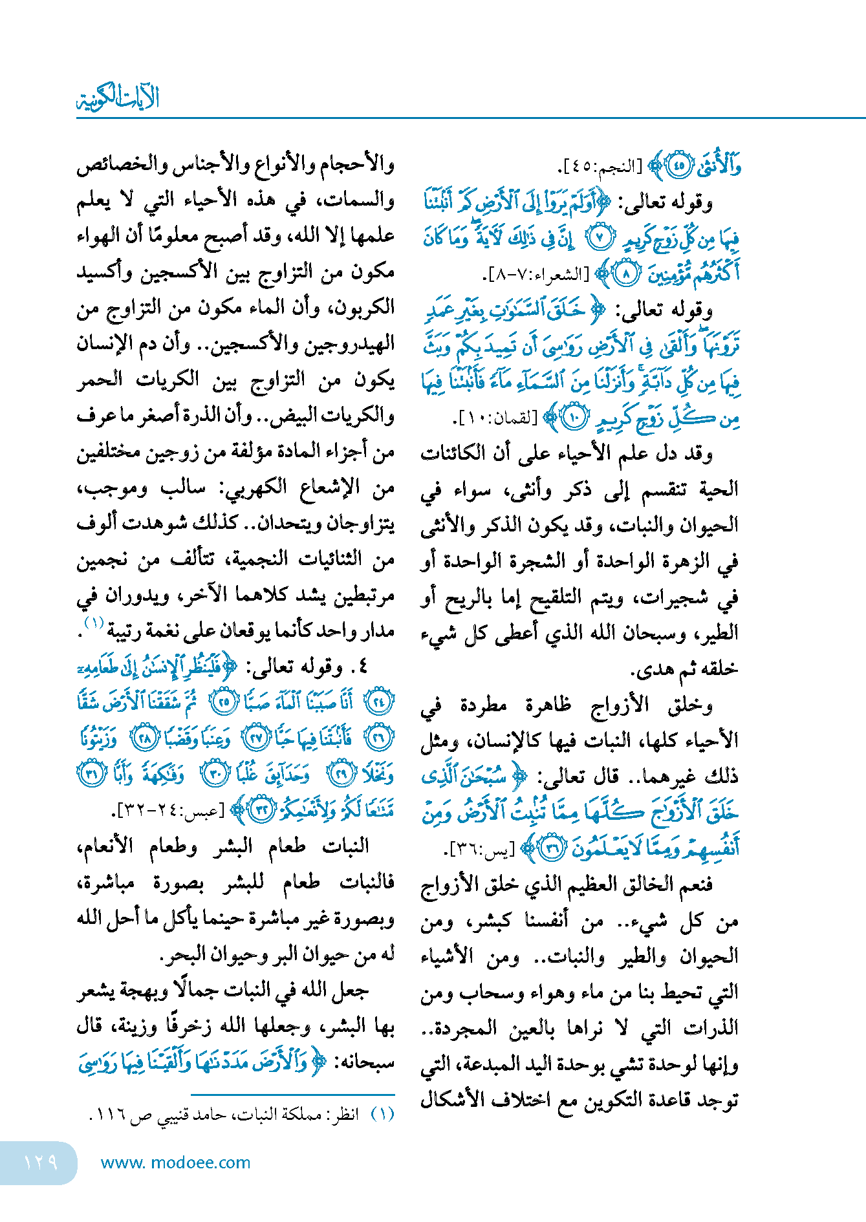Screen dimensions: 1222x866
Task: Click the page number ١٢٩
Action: click(x=40, y=1163)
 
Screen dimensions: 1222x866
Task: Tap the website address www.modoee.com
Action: click(x=175, y=1163)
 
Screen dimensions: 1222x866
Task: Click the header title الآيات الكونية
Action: click(x=118, y=98)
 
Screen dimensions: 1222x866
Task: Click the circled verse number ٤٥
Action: click(x=678, y=166)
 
